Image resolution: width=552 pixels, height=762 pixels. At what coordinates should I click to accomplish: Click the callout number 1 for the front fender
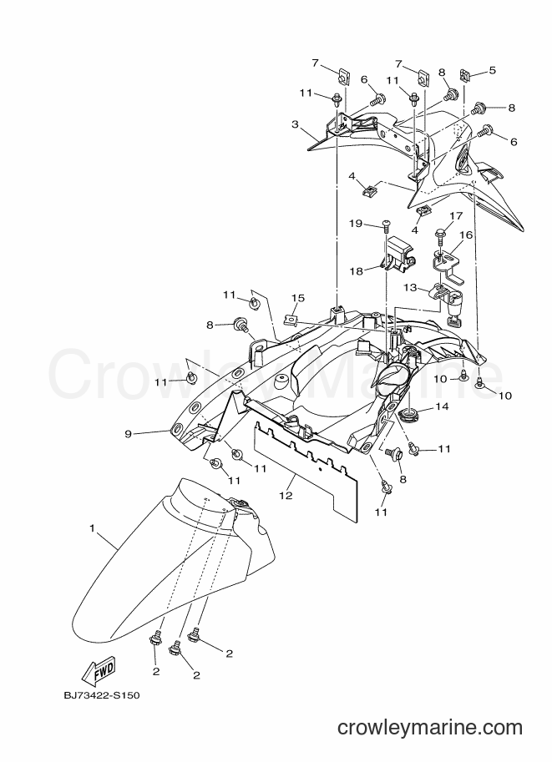pos(93,527)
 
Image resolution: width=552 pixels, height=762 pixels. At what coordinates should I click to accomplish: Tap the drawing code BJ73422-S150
pos(102,695)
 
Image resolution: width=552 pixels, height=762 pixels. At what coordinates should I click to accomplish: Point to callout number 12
pos(286,495)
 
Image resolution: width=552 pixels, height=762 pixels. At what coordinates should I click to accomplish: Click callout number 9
pos(129,433)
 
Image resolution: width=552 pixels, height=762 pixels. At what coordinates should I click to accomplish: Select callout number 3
pos(295,124)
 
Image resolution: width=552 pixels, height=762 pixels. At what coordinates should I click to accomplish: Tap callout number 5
pos(492,70)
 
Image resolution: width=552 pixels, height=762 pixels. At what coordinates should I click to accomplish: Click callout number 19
pos(356,224)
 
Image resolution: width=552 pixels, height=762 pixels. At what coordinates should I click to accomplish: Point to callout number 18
pos(357,271)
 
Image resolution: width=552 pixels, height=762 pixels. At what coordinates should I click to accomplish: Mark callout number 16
pos(466,235)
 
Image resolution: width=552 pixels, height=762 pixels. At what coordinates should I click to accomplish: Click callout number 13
pos(410,288)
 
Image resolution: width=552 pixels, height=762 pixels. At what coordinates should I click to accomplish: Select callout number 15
pos(298,297)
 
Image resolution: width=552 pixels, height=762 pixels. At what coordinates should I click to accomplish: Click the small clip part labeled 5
pos(465,76)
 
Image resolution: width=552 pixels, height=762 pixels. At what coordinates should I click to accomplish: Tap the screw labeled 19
pos(387,225)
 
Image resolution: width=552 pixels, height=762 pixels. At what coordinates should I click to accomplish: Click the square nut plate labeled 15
pos(290,320)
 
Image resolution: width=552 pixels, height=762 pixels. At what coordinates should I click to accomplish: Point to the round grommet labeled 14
pos(408,415)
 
